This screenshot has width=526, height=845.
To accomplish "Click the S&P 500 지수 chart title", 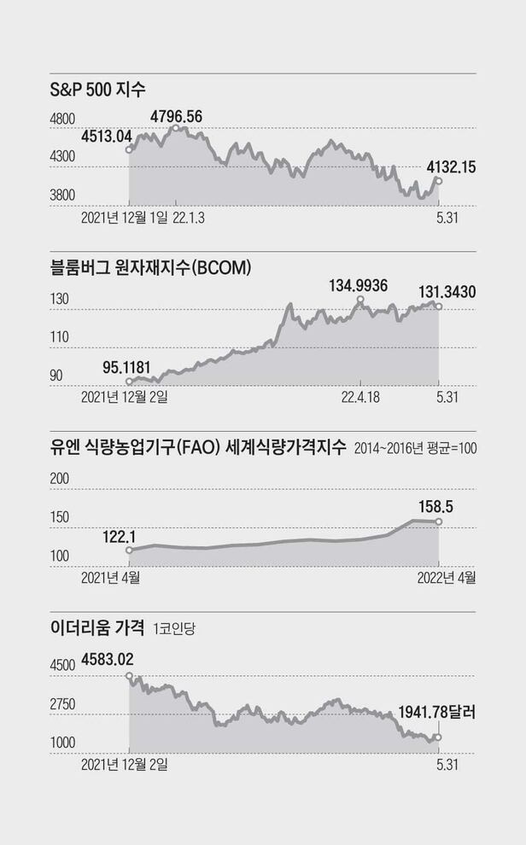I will click(x=100, y=89).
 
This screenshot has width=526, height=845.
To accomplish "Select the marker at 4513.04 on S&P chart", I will click(x=129, y=149).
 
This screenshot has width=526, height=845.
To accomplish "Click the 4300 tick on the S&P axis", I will click(x=64, y=157).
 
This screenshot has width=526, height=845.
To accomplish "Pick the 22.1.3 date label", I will click(x=189, y=217).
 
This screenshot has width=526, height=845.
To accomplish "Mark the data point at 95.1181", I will click(x=129, y=382).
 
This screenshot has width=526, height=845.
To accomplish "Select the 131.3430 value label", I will click(x=447, y=292).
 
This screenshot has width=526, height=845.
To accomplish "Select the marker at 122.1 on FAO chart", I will click(x=129, y=551).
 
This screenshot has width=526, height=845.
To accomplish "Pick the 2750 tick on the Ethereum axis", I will click(x=64, y=704).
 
